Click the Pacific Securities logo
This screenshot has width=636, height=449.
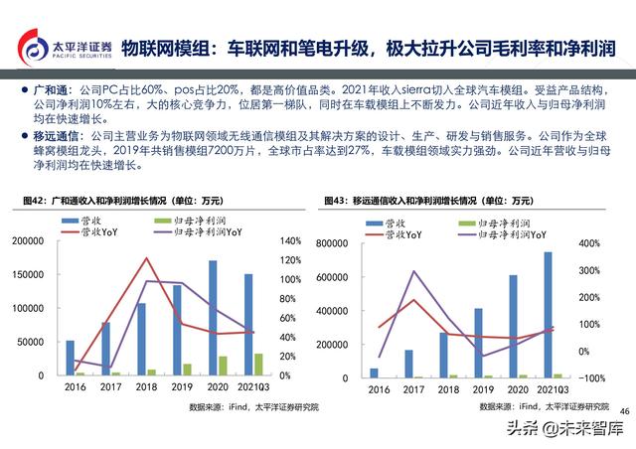coord(59,48)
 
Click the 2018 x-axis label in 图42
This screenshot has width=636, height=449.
coord(146,388)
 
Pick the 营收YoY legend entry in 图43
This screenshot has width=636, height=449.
coord(404,235)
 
